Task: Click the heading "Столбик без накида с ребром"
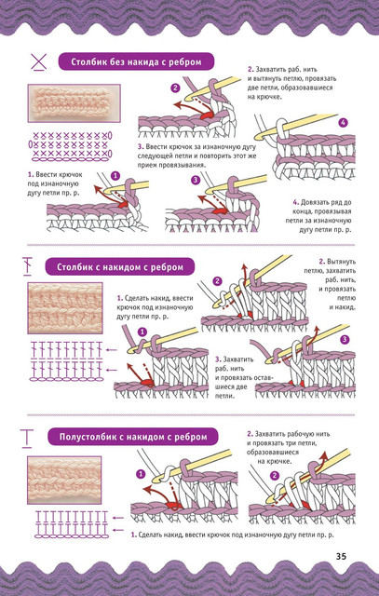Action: [136, 61]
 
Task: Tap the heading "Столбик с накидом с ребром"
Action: [120, 267]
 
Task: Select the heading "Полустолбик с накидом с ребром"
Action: [133, 437]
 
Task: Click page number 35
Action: [341, 556]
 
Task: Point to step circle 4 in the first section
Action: [344, 123]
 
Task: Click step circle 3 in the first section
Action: [196, 180]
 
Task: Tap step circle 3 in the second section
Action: [345, 339]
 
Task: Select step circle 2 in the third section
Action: [274, 476]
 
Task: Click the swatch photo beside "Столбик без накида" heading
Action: [74, 103]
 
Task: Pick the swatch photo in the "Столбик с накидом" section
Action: [65, 308]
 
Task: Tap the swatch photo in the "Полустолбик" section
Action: [64, 481]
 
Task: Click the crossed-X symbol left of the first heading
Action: [39, 62]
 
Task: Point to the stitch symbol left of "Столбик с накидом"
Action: [27, 266]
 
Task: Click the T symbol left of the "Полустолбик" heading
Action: [27, 438]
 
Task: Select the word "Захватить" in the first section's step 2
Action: [270, 70]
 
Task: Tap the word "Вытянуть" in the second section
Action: [342, 262]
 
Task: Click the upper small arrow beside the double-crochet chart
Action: [112, 350]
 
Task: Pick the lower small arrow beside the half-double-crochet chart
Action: [118, 530]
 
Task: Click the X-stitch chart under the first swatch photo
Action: [71, 145]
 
